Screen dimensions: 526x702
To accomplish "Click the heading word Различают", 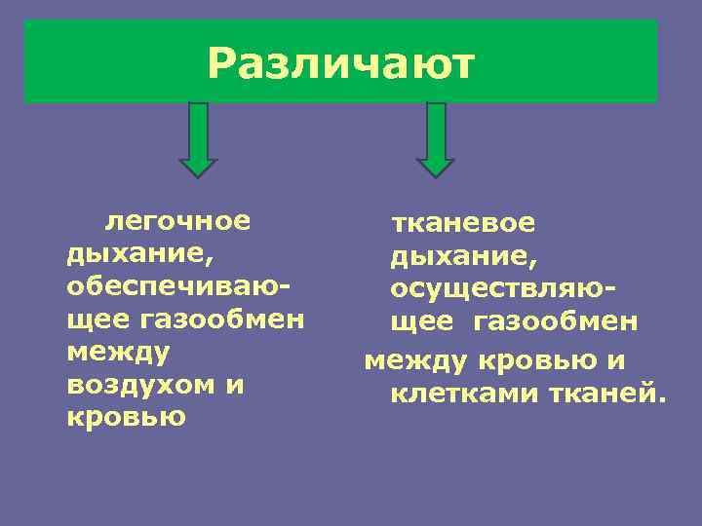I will [340, 64].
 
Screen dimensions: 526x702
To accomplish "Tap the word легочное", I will [178, 221].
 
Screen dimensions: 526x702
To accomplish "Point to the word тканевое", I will [463, 223].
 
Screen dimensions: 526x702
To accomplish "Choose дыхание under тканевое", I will [463, 257].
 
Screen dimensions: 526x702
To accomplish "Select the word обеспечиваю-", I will [179, 287].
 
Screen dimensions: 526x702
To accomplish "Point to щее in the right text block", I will [421, 321].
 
